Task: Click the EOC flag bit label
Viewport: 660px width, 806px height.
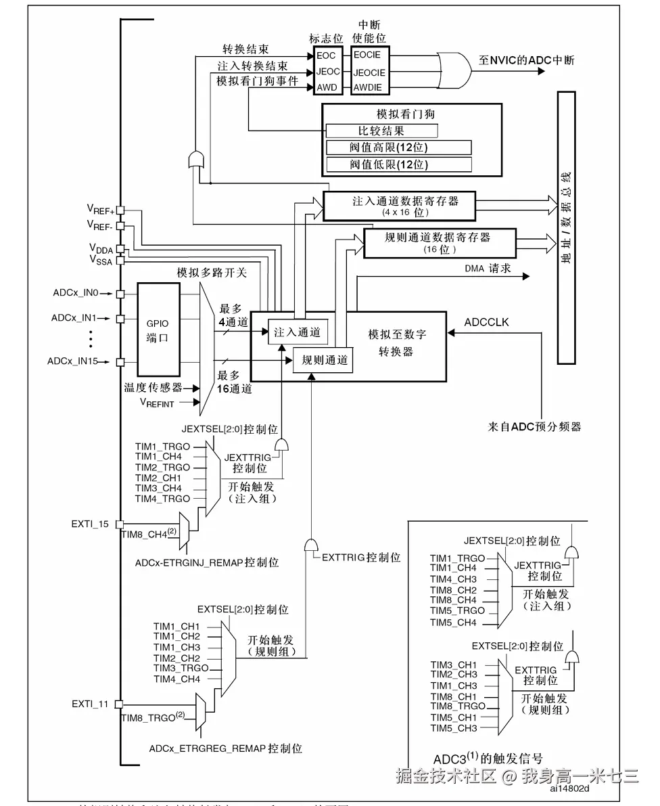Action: click(326, 54)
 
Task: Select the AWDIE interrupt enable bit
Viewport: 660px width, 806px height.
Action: click(367, 88)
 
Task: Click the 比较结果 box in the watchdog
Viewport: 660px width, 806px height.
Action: click(381, 131)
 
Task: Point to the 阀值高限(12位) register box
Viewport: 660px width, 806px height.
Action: click(398, 148)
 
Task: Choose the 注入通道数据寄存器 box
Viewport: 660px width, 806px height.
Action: click(399, 206)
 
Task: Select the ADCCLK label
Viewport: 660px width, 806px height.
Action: click(487, 322)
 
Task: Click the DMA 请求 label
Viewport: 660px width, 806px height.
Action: click(488, 269)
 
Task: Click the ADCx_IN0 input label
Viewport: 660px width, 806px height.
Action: click(76, 293)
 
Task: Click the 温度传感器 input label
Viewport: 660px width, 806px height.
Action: click(153, 388)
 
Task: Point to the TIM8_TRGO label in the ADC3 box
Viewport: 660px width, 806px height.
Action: click(458, 706)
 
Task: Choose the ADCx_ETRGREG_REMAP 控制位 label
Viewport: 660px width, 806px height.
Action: click(225, 748)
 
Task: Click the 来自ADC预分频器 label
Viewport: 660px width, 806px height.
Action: click(534, 426)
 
